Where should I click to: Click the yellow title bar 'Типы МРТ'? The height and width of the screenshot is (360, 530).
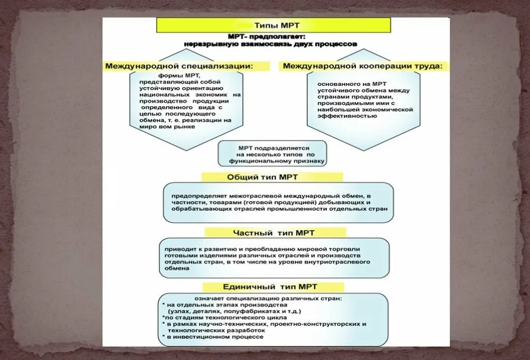(x=274, y=25)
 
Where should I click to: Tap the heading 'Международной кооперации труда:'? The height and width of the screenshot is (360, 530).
(x=363, y=66)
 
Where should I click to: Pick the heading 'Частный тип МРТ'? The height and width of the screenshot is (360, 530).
(x=275, y=233)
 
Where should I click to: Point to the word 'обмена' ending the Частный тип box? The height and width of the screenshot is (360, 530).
(x=177, y=269)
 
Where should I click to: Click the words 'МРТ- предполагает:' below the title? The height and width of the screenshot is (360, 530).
(x=267, y=37)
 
